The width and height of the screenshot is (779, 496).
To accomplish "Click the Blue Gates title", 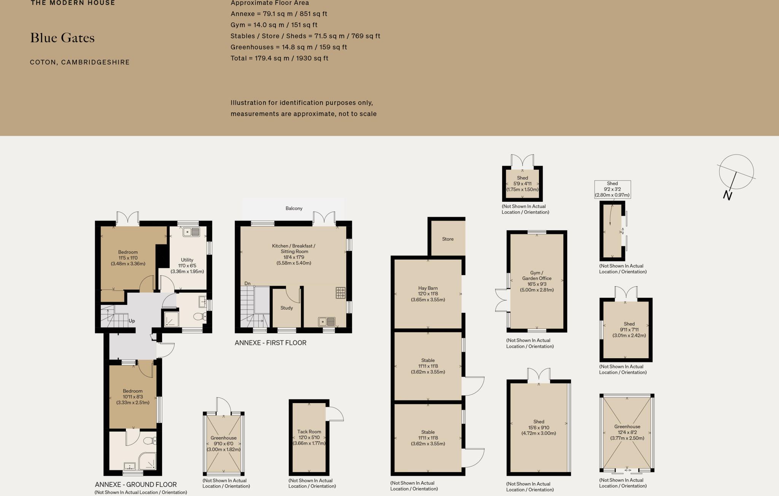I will tap(62, 38).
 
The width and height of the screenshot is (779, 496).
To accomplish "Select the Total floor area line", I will tap(279, 58).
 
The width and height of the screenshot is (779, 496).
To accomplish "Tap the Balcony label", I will tap(294, 208).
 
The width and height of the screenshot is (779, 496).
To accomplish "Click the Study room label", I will tap(286, 308).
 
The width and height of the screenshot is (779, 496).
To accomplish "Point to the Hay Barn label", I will tap(428, 288).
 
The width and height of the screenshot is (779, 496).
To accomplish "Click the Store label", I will tap(448, 239).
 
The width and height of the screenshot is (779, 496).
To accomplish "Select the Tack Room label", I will tap(309, 432).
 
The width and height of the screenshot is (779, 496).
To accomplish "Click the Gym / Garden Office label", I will tap(537, 276).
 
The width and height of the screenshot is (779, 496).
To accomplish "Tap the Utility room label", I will tap(187, 260).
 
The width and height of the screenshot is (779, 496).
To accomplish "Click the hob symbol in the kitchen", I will tap(340, 293).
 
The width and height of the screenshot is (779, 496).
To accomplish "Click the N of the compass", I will tap(727, 195).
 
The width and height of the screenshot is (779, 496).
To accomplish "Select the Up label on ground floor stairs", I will tap(132, 321).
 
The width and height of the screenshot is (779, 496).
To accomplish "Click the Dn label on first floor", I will tap(248, 284).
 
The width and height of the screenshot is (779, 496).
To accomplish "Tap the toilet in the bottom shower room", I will tap(150, 441).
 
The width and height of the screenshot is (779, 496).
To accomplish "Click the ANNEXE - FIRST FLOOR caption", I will tap(270, 343).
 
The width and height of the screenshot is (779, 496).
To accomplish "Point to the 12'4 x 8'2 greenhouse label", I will tap(627, 432).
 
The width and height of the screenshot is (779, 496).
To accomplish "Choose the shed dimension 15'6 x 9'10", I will tap(539, 427).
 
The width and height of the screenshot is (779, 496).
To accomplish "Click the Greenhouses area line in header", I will tap(289, 47).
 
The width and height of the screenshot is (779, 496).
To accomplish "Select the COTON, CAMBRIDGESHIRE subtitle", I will tap(80, 62).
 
